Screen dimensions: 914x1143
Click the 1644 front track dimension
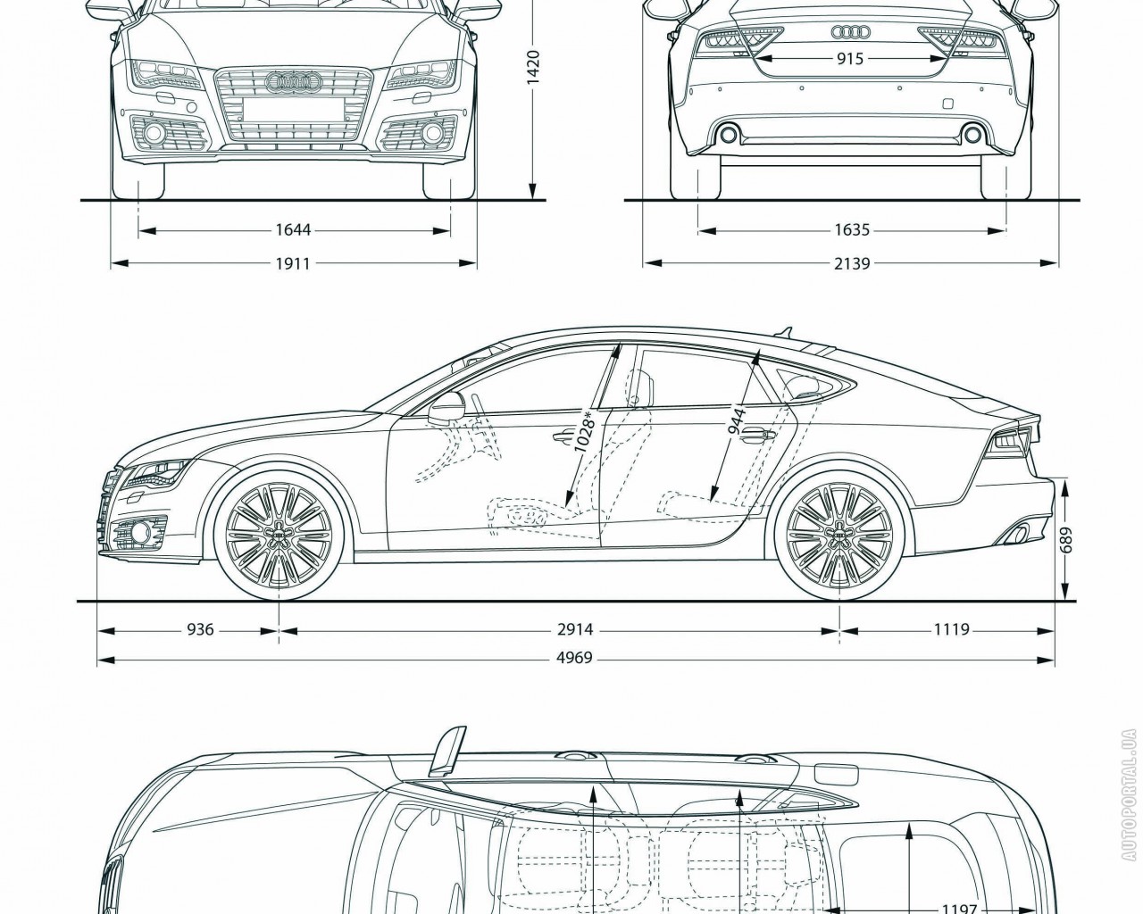[x=293, y=230]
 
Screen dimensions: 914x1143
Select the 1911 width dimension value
[x=293, y=263]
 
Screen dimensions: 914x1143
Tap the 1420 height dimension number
[x=533, y=67]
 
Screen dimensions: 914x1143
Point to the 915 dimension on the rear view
[x=850, y=59]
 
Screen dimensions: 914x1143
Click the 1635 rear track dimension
[x=852, y=230]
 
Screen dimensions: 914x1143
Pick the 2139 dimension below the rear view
[x=852, y=263]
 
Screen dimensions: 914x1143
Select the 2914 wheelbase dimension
[x=575, y=629]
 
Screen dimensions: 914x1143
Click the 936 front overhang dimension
[x=200, y=629]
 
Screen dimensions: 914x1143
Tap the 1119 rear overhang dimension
[x=952, y=629]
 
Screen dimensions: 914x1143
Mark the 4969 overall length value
[x=575, y=660]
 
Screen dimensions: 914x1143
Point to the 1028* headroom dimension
[x=586, y=433]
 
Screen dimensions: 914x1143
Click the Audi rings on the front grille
[x=293, y=81]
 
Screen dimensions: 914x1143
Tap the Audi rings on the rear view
[x=850, y=32]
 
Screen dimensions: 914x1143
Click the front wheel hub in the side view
[x=279, y=534]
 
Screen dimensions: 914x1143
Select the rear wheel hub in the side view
[x=838, y=534]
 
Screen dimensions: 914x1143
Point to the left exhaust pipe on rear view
[x=729, y=135]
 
